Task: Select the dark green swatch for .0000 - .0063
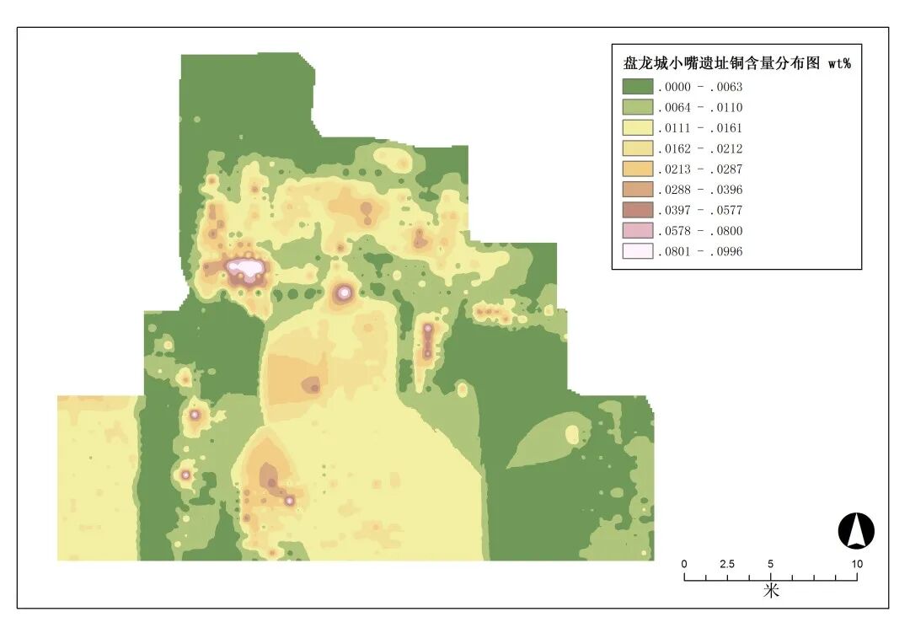638,86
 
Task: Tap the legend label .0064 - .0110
700,107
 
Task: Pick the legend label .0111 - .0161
700,128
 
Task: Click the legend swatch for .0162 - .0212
638,148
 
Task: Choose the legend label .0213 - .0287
700,169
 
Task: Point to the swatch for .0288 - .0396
638,190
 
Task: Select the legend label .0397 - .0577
700,210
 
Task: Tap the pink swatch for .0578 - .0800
638,231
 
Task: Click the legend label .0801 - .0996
700,251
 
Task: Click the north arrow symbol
856,531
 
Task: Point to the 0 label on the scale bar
684,564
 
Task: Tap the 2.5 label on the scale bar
727,564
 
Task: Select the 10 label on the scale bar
857,564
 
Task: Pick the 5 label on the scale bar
771,564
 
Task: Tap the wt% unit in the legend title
839,63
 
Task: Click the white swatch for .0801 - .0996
638,251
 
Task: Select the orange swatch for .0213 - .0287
638,169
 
